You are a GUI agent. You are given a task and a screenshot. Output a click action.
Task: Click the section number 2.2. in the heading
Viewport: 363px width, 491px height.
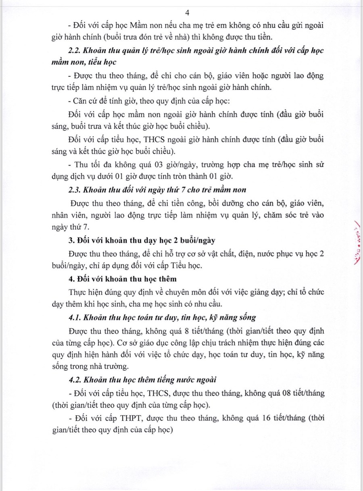tap(75, 52)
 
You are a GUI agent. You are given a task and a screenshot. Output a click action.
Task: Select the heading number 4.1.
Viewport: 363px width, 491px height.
tap(75, 317)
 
